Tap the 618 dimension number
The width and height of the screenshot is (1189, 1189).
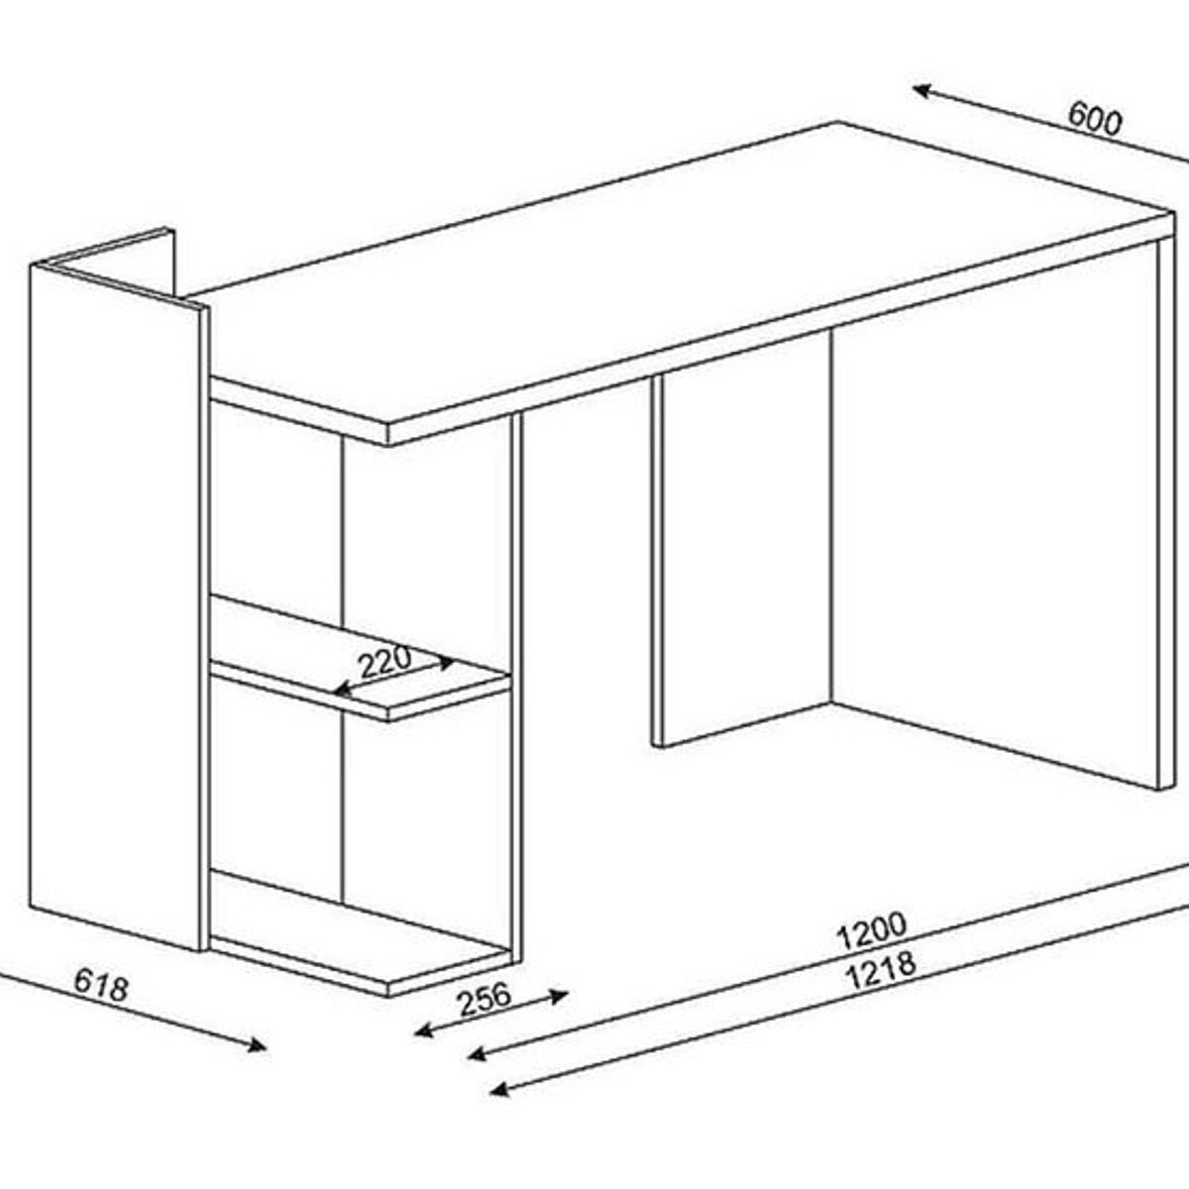pos(101,985)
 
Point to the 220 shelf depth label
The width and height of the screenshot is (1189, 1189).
pos(385,661)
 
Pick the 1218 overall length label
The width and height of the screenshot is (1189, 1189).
pos(881,971)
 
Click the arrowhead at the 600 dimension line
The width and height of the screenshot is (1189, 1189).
pos(921,91)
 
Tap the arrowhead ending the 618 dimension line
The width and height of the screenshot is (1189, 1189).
pos(258,1044)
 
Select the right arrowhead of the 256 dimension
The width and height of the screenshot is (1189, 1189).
pos(559,995)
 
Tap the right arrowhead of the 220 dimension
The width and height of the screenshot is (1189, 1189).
pos(447,663)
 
